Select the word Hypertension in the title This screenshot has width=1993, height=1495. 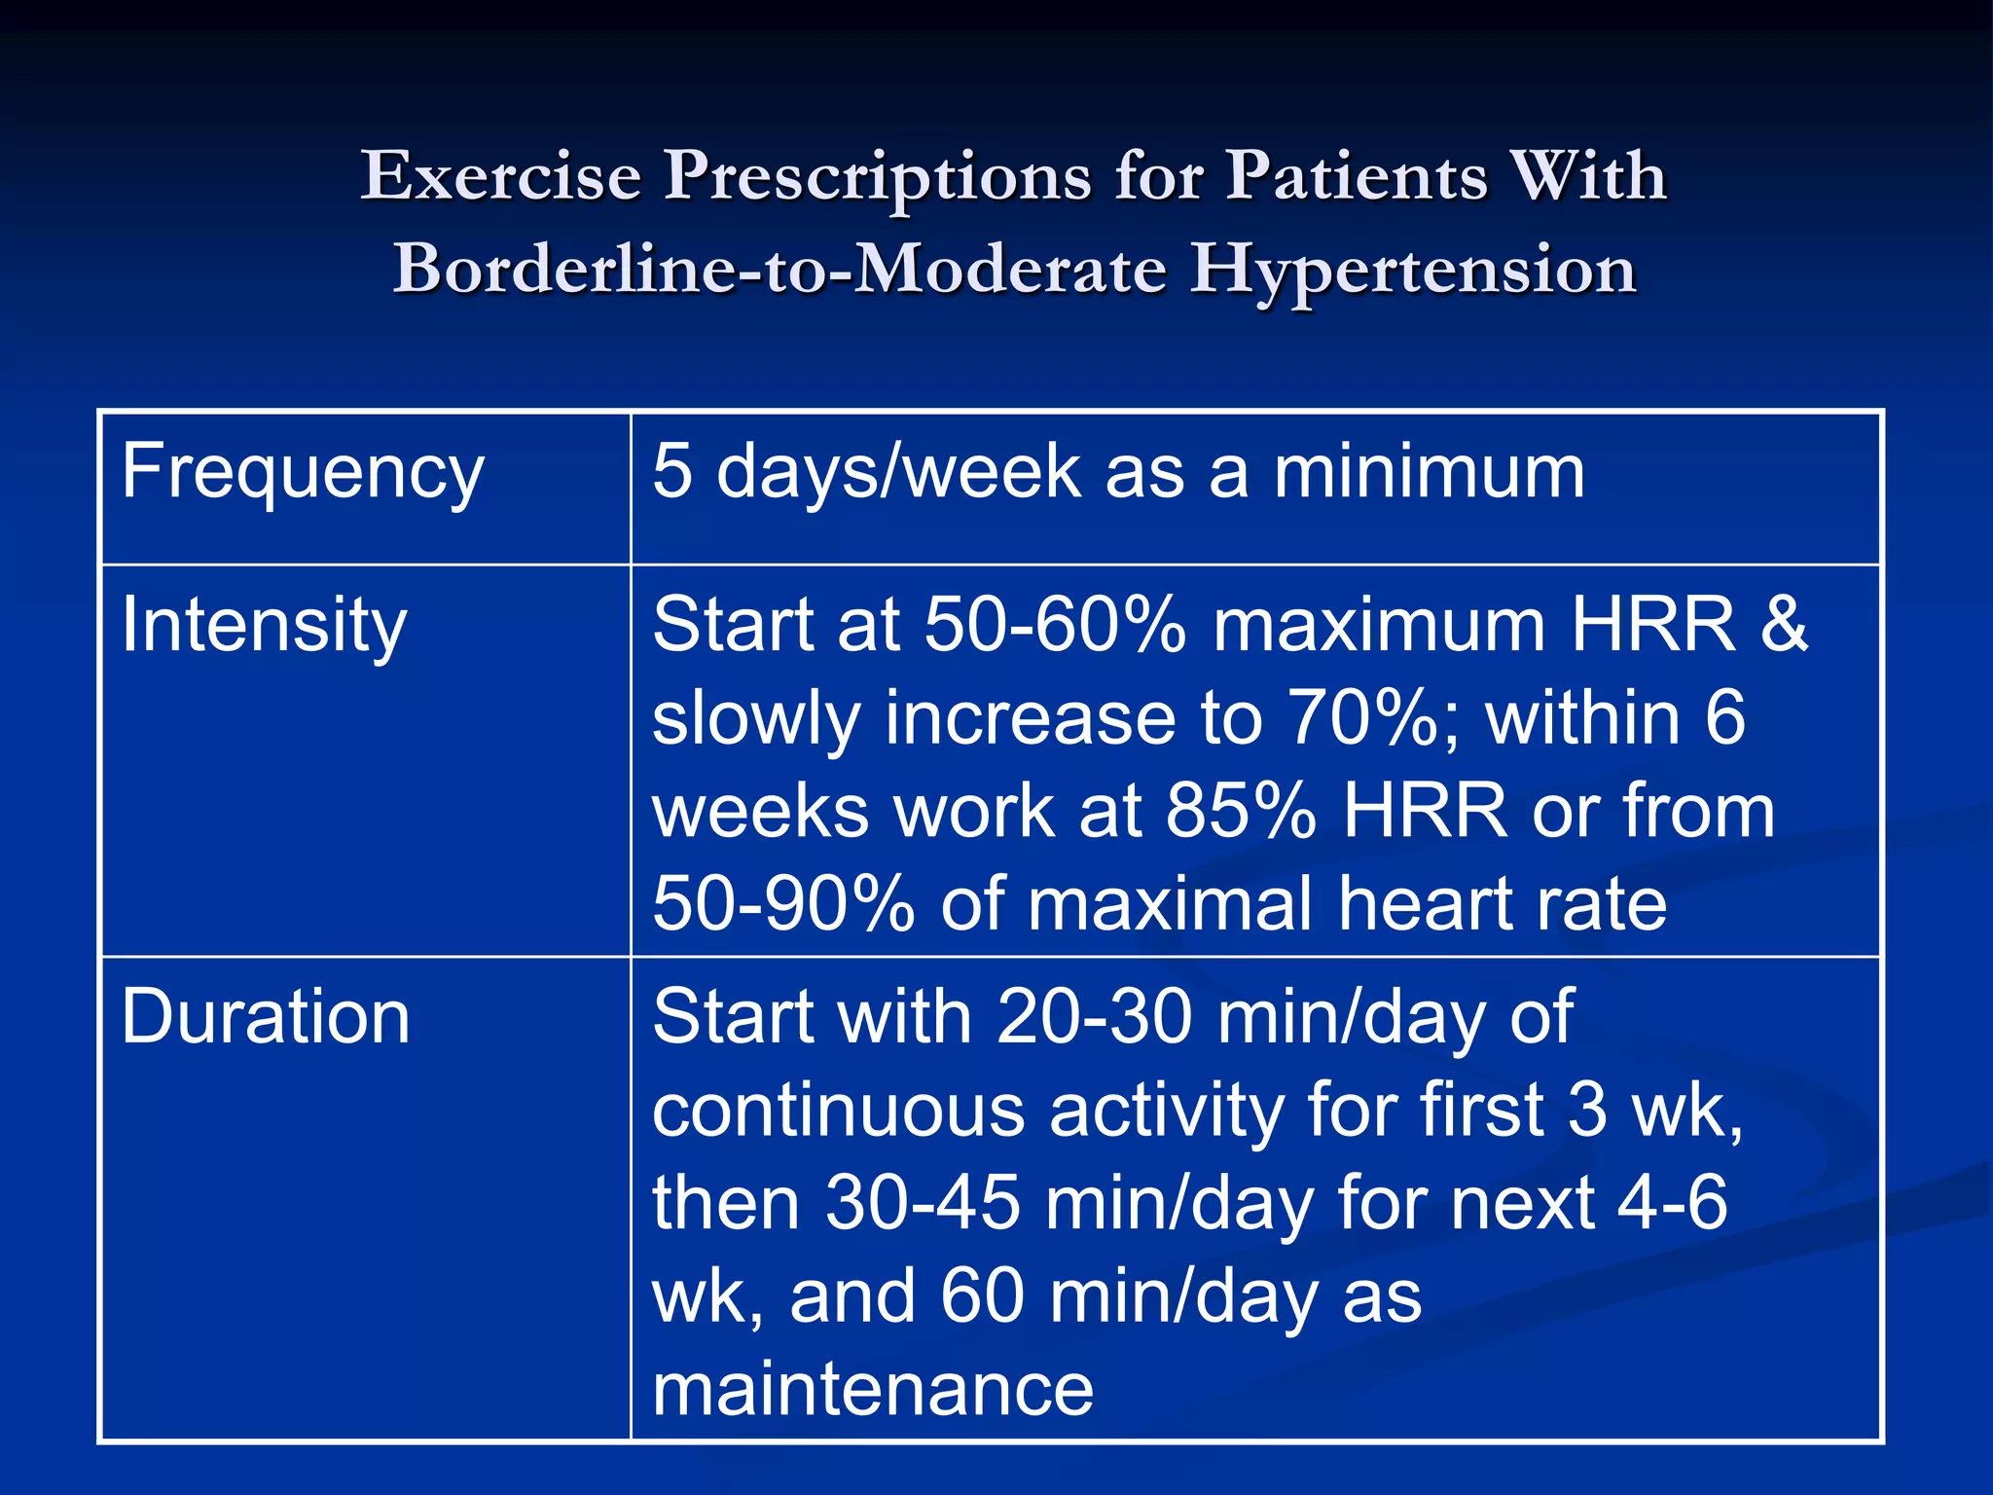click(1413, 270)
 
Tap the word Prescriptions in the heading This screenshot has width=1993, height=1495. click(878, 178)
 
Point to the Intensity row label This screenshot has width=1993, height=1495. click(264, 626)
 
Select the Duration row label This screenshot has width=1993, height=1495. click(266, 1017)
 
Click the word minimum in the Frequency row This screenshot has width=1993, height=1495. click(1430, 472)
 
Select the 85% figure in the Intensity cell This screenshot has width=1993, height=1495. click(1241, 811)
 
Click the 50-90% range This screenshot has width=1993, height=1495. click(783, 904)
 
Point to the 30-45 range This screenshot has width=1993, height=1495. click(924, 1204)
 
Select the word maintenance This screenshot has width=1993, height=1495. click(873, 1389)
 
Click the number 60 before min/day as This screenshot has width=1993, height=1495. click(982, 1297)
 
